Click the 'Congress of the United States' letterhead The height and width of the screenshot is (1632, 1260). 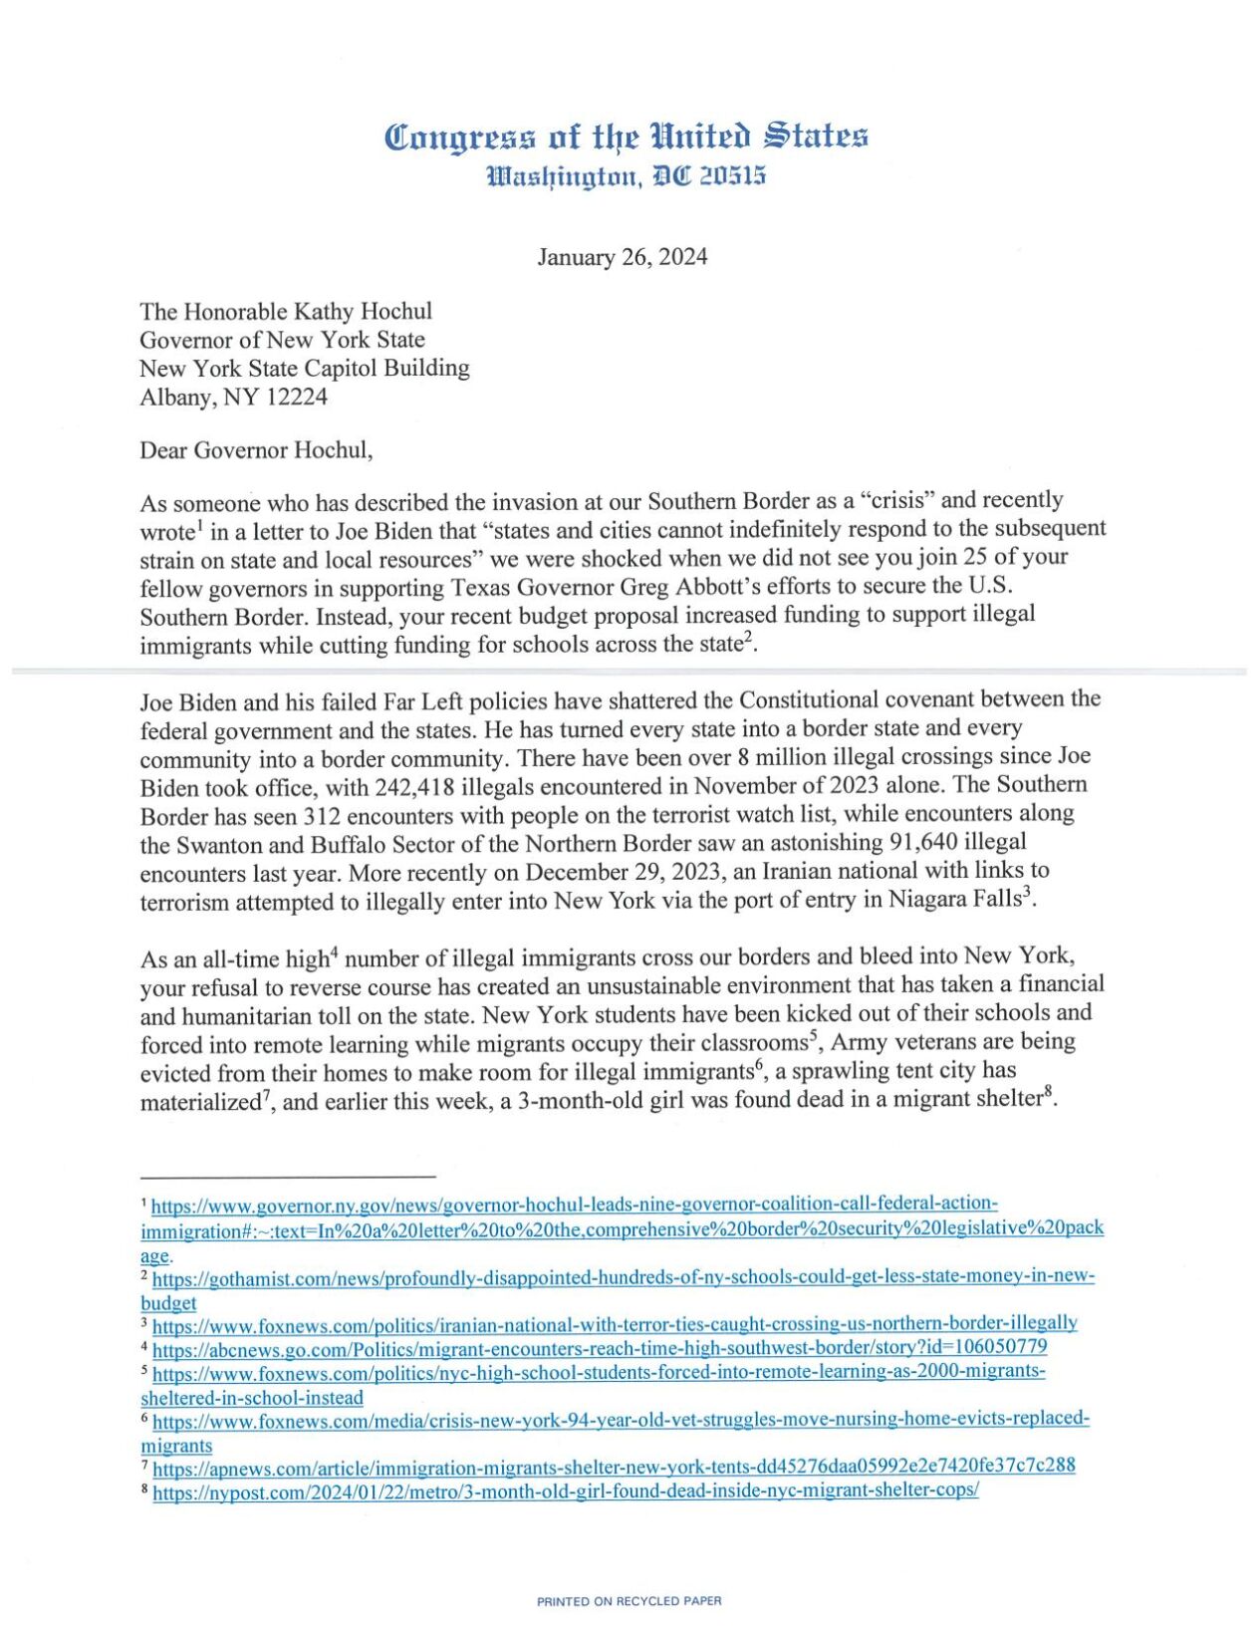pyautogui.click(x=627, y=136)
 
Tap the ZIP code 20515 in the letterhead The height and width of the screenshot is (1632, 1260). pyautogui.click(x=732, y=176)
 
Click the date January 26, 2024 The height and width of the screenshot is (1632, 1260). pyautogui.click(x=623, y=257)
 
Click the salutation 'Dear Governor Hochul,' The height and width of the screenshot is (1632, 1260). pyautogui.click(x=256, y=450)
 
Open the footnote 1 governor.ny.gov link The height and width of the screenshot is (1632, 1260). pyautogui.click(x=575, y=1204)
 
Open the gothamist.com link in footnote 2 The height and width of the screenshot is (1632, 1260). pyautogui.click(x=624, y=1277)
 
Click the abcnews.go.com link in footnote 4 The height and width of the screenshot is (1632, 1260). pyautogui.click(x=600, y=1348)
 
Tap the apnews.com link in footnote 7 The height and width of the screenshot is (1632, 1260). pyautogui.click(x=614, y=1466)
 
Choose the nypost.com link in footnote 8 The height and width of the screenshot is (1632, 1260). pyautogui.click(x=566, y=1491)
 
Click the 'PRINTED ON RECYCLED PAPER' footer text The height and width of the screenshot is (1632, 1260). pyautogui.click(x=629, y=1601)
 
